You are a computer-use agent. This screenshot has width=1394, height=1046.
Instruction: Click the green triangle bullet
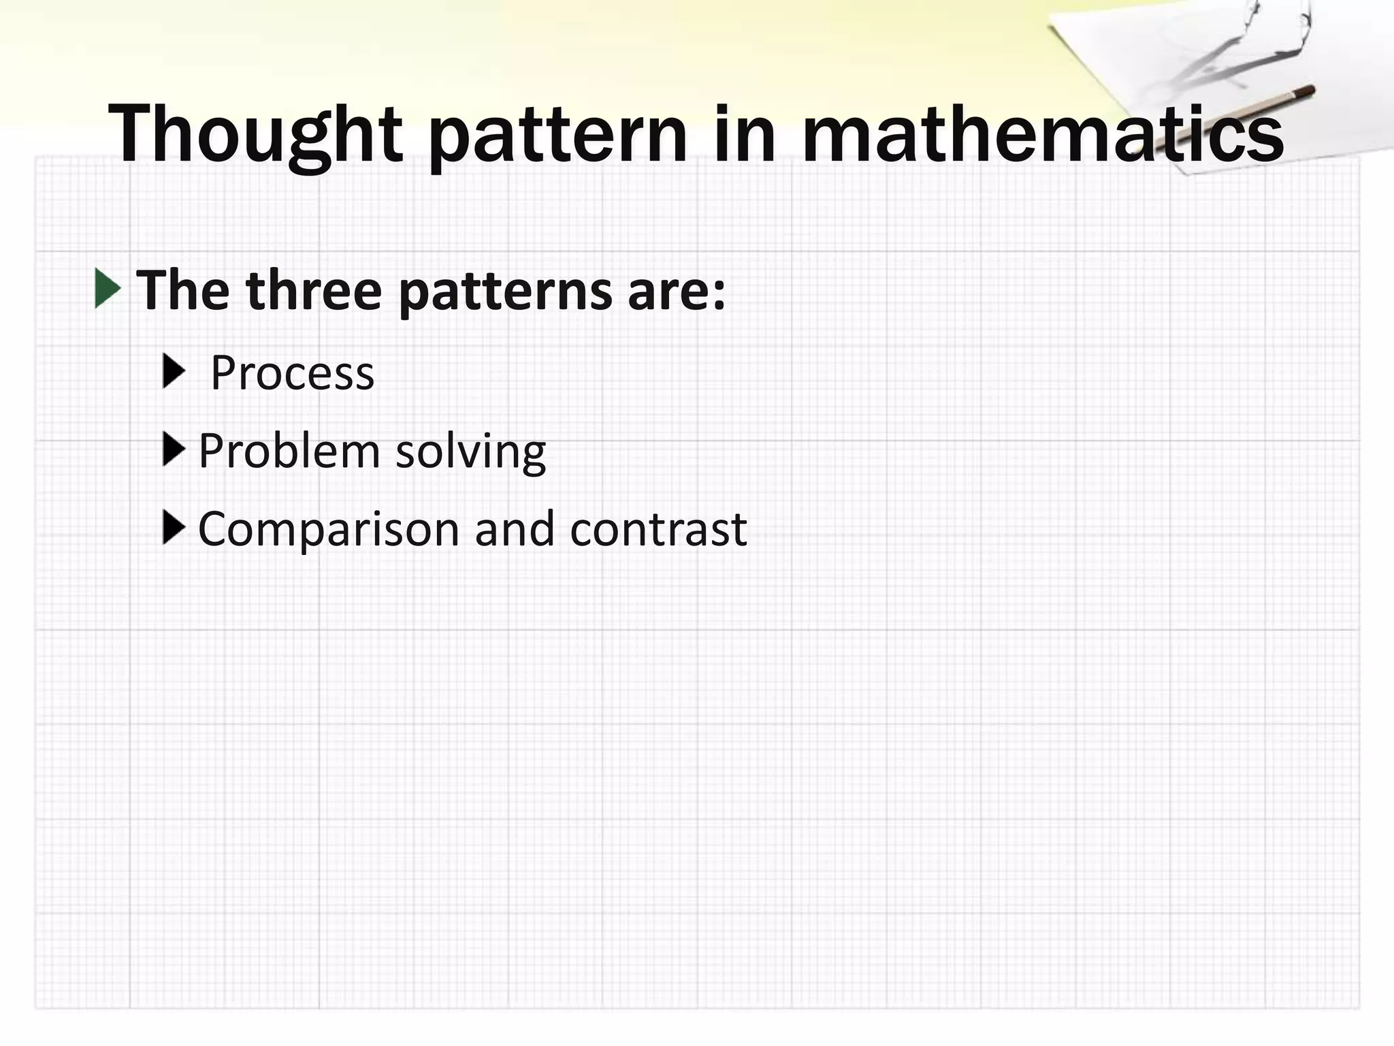pos(108,288)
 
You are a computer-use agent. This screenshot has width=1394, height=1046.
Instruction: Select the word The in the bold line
pos(182,291)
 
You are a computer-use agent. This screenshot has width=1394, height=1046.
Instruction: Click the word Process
pos(292,373)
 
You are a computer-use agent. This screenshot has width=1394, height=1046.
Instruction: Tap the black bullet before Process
pos(174,371)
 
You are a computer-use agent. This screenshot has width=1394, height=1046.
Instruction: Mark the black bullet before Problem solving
pos(174,449)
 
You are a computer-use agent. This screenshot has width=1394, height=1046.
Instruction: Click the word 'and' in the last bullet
pos(515,529)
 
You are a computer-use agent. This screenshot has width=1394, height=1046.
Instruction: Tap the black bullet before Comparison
pos(174,527)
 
